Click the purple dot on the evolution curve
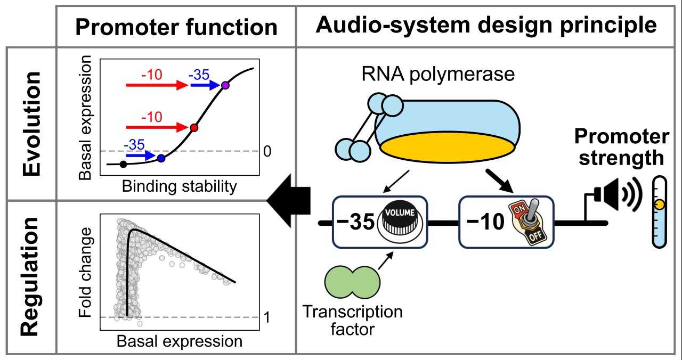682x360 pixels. (x=225, y=85)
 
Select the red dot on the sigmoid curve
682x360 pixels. (x=194, y=127)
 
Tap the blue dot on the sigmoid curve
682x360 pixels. (x=161, y=158)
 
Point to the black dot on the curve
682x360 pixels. (x=123, y=165)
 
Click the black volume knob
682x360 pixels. (x=400, y=222)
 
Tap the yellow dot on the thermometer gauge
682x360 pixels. (x=660, y=204)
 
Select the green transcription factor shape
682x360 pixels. (x=352, y=282)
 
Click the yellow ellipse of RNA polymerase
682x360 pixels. (x=448, y=148)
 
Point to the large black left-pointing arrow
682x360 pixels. (x=289, y=201)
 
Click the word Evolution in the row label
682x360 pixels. (x=31, y=124)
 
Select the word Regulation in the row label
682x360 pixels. (x=29, y=276)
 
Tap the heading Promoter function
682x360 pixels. (x=176, y=27)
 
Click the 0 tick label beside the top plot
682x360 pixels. (x=267, y=151)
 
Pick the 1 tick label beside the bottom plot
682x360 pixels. (x=267, y=317)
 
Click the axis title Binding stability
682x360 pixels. (x=180, y=186)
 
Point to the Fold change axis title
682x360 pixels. (x=85, y=273)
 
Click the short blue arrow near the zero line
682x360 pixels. (x=141, y=156)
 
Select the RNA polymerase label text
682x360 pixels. (x=438, y=74)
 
